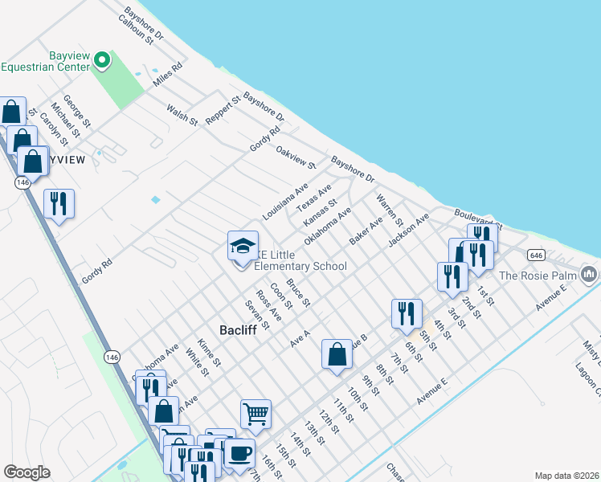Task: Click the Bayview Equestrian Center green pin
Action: coord(102,59)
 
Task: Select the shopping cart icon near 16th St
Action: coord(256,415)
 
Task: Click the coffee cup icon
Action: coord(239,454)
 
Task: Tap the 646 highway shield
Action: coord(537,255)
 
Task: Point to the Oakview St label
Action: coord(296,157)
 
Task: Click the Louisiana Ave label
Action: coord(285,202)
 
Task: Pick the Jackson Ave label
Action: coord(408,229)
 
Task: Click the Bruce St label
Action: coord(298,292)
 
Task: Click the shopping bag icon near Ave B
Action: coord(337,354)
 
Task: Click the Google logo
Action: coord(27,472)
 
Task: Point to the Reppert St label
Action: coord(223,112)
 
